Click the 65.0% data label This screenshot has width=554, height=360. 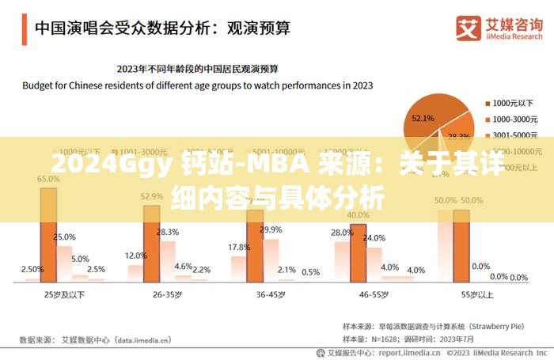[x=48, y=180]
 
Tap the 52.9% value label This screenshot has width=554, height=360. [x=152, y=196]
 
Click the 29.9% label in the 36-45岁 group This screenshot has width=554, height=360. [x=271, y=229]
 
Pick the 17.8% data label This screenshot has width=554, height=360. [x=239, y=247]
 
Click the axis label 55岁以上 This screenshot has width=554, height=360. [x=476, y=294]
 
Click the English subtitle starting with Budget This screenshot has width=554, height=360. [x=197, y=84]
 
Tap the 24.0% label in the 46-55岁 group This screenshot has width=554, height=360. [x=374, y=237]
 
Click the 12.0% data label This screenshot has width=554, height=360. [x=136, y=256]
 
